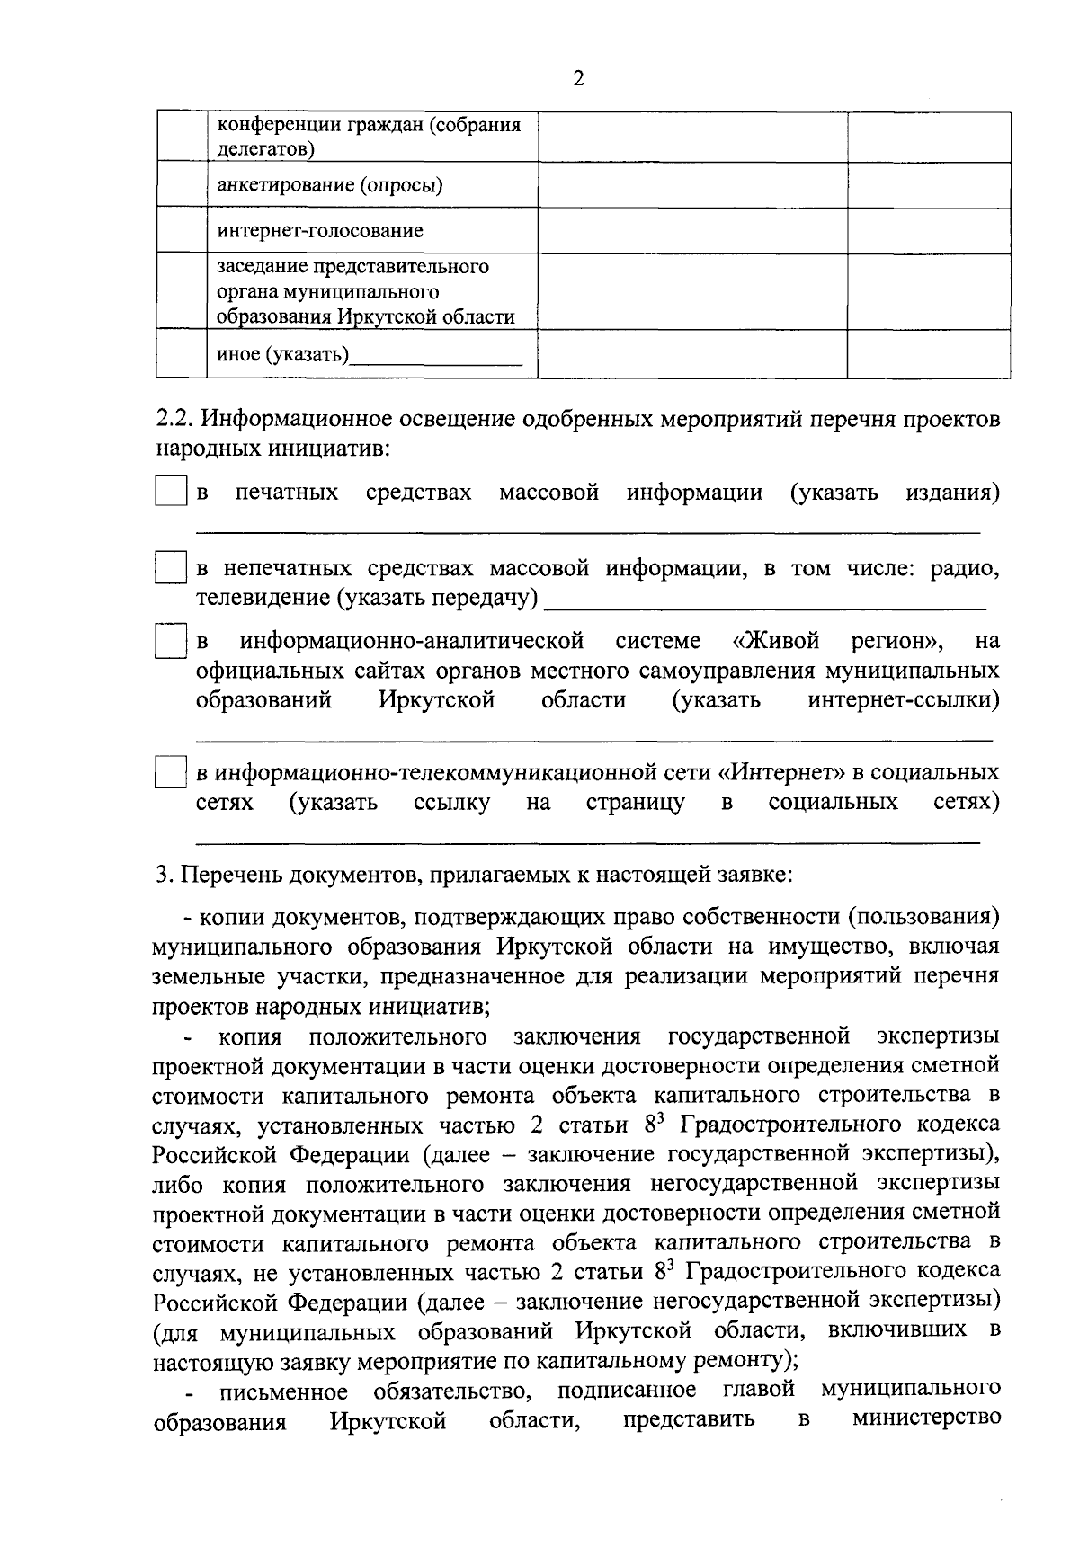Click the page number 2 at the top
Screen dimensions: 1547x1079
[578, 80]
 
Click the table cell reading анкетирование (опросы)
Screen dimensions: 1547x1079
[330, 186]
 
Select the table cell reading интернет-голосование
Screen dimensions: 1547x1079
[319, 231]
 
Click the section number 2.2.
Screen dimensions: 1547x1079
[172, 420]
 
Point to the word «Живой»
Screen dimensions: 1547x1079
[776, 642]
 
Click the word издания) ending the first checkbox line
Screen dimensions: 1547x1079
[952, 493]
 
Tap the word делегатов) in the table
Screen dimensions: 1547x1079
[265, 148]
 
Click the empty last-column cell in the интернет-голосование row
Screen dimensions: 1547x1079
[928, 230]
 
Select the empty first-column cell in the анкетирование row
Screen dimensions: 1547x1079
[182, 185]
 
